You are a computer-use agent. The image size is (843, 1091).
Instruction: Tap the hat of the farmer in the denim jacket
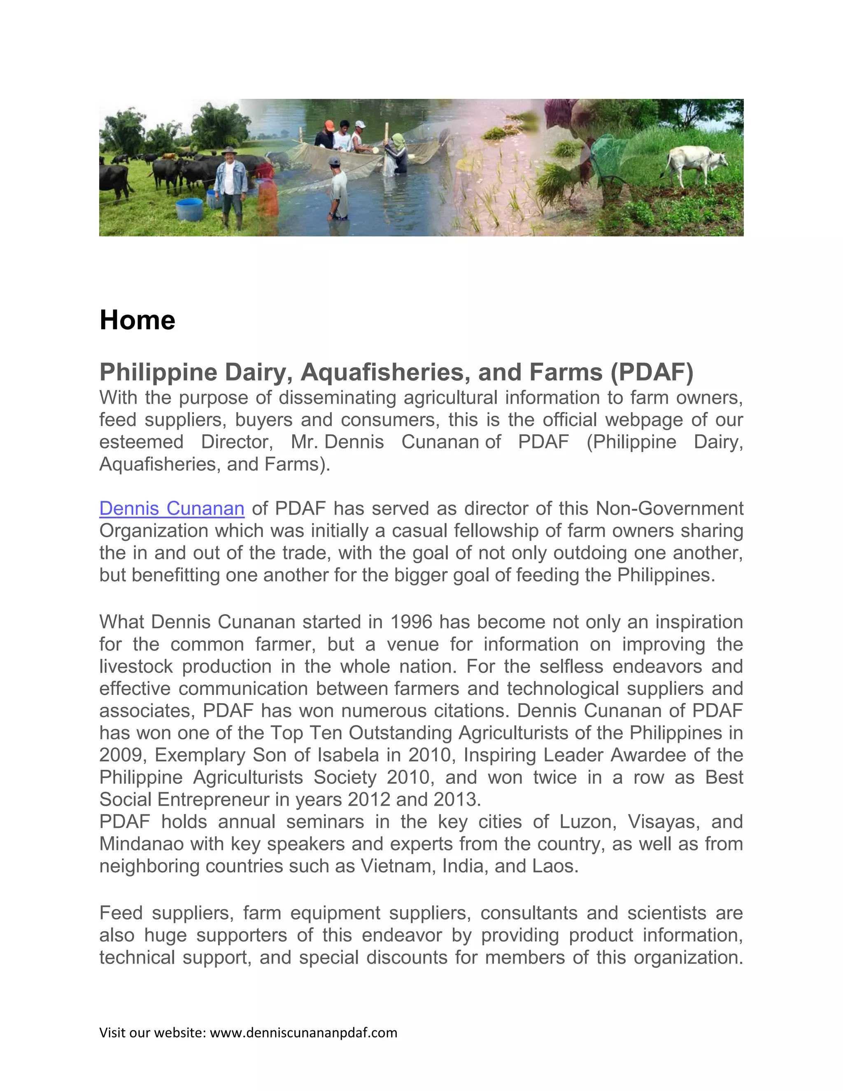229,150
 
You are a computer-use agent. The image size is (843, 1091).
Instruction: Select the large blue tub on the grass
190,209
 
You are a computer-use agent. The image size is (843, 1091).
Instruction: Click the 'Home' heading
137,320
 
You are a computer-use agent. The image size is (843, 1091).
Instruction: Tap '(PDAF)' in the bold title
652,372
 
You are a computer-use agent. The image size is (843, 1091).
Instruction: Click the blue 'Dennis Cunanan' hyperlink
172,508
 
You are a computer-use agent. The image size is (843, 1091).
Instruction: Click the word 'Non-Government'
669,508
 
